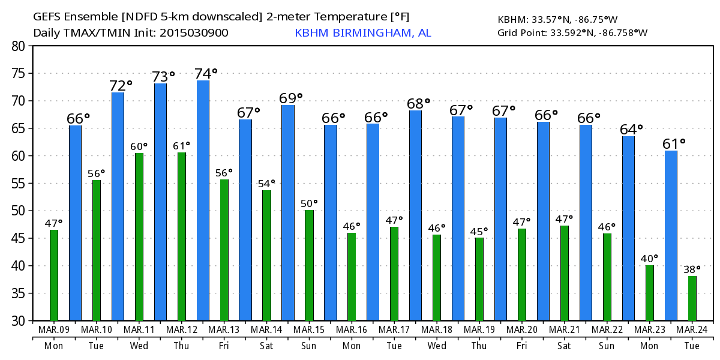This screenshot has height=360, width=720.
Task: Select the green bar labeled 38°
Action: (x=692, y=298)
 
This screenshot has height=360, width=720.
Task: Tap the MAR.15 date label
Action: (x=309, y=330)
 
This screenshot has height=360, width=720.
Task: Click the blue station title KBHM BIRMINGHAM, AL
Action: (x=362, y=32)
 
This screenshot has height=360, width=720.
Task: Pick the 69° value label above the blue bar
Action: (x=291, y=97)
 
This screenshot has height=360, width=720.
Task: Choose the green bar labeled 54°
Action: (x=267, y=255)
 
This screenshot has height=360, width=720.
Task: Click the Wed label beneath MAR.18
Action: (x=437, y=346)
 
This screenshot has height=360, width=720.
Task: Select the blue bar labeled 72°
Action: (x=118, y=206)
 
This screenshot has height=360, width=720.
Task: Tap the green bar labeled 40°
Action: (x=650, y=293)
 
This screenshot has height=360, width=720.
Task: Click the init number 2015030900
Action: (x=194, y=33)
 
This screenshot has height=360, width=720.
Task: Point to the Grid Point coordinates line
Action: (x=572, y=32)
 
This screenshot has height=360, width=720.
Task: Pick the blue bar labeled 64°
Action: (x=628, y=228)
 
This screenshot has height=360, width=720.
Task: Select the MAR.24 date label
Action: (x=692, y=330)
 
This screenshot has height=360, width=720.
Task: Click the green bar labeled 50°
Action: (x=309, y=265)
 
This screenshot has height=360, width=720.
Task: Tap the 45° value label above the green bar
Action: (x=478, y=231)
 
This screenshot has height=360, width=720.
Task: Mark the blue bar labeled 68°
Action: (x=415, y=215)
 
